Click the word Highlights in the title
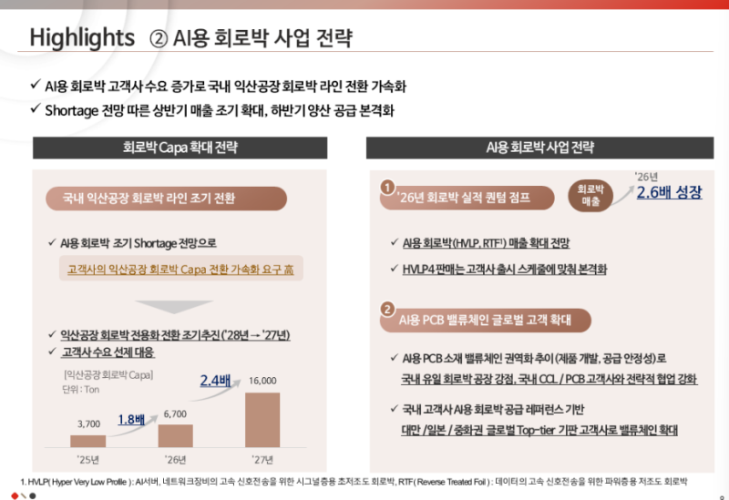tap(82, 38)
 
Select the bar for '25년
tap(88, 441)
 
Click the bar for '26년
tap(175, 435)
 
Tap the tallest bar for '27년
tap(262, 420)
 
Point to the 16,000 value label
tap(262, 381)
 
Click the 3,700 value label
tap(88, 423)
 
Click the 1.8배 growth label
tap(131, 420)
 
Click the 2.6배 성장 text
tap(669, 192)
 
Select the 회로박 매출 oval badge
tap(589, 194)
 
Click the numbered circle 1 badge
tap(387, 188)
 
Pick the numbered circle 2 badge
tap(387, 309)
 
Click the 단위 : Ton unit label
tap(80, 390)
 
